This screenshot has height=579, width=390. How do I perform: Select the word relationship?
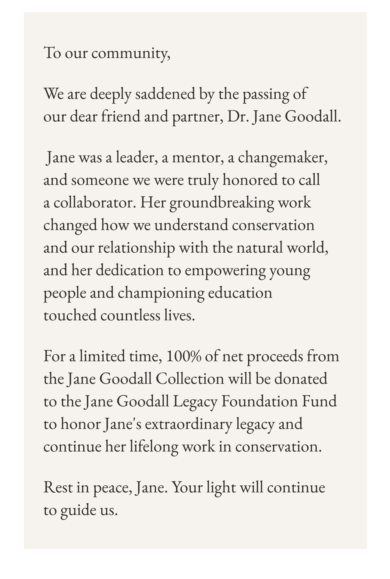click(x=136, y=248)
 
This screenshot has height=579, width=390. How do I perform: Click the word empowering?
click(x=225, y=271)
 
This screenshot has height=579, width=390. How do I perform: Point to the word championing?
click(x=161, y=293)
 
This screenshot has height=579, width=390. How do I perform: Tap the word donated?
click(x=301, y=379)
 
